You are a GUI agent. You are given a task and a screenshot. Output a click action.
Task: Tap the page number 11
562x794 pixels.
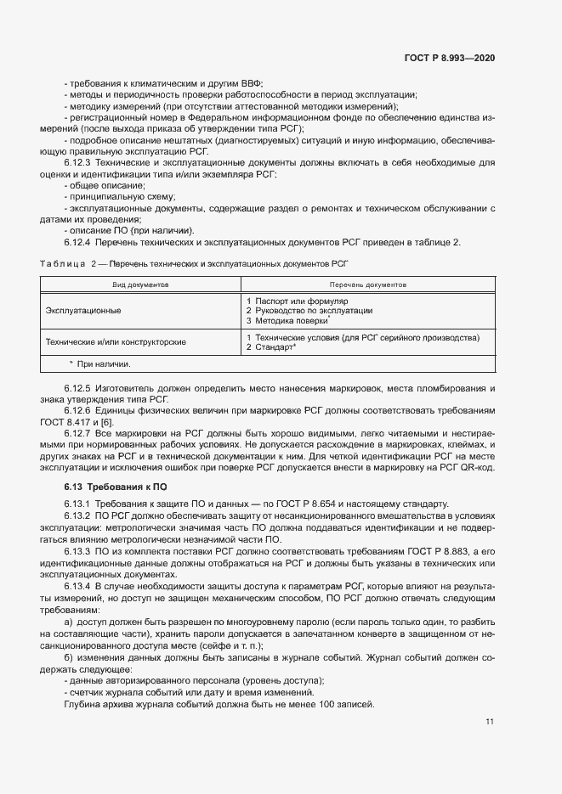pos(490,722)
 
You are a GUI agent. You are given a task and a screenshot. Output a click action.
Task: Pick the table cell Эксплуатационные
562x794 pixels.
pos(83,311)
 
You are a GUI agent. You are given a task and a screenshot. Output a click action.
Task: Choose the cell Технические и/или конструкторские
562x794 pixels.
pos(116,342)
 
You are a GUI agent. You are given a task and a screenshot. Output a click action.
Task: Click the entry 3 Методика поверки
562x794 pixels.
pos(287,321)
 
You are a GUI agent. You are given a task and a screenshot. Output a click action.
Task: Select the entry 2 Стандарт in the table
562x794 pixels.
pos(270,348)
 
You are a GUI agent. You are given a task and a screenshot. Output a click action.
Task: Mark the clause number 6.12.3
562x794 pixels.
pos(81,161)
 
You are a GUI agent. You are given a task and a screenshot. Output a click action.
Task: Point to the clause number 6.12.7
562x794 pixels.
pos(81,433)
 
